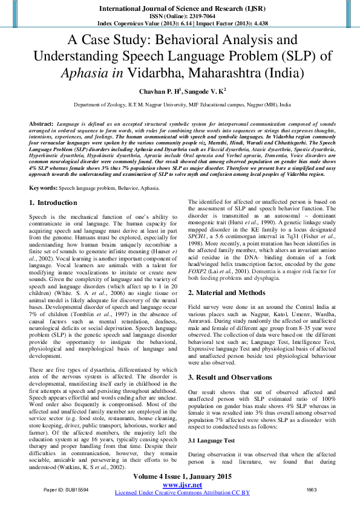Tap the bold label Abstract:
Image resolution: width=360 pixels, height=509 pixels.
click(41, 123)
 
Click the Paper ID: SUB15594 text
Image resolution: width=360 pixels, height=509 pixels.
click(63, 489)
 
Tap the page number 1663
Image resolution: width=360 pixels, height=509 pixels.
click(312, 489)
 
